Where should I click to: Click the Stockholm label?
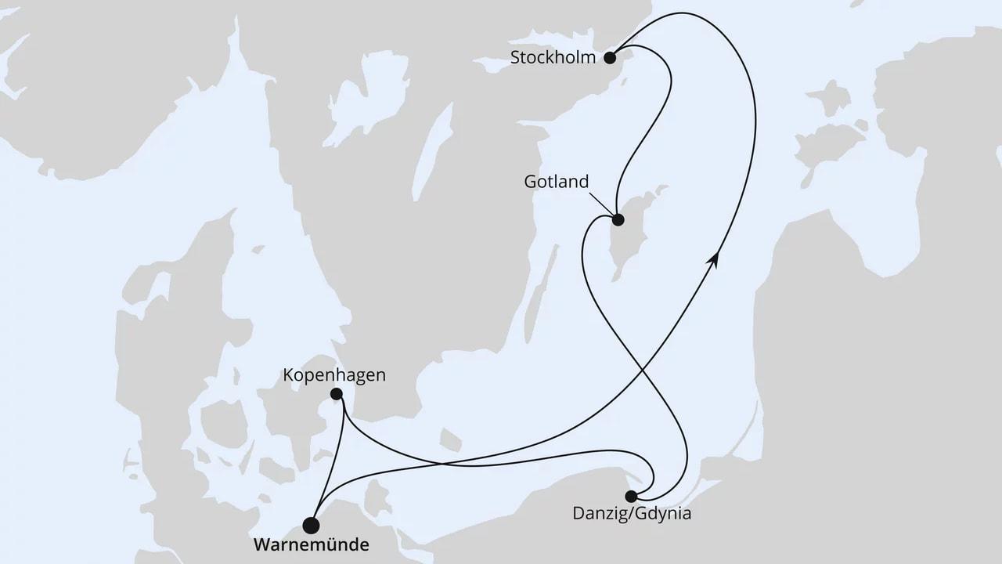[553, 57]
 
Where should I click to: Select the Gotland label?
[556, 182]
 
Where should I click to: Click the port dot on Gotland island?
[618, 220]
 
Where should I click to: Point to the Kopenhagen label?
[336, 375]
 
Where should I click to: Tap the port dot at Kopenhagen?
[337, 394]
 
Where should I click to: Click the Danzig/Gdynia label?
[633, 515]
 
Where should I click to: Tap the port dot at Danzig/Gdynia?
[631, 495]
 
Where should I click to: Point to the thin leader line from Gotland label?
[602, 203]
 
